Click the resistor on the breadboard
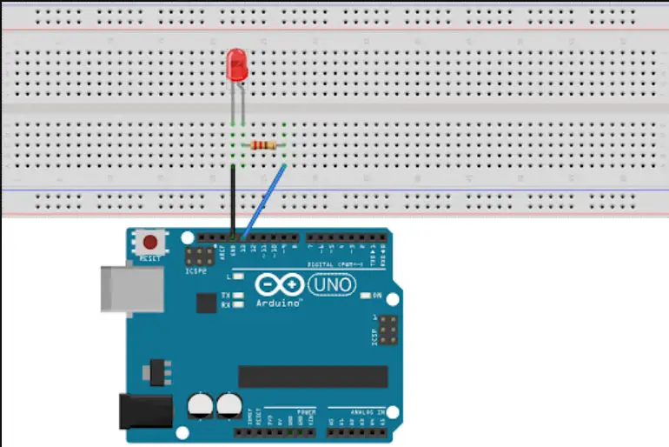[263, 145]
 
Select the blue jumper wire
[264, 199]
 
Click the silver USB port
[130, 286]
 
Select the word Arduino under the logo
[279, 304]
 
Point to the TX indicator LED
[237, 296]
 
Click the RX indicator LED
[237, 305]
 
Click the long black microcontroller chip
[313, 376]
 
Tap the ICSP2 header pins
[200, 257]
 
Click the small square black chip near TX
[206, 303]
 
